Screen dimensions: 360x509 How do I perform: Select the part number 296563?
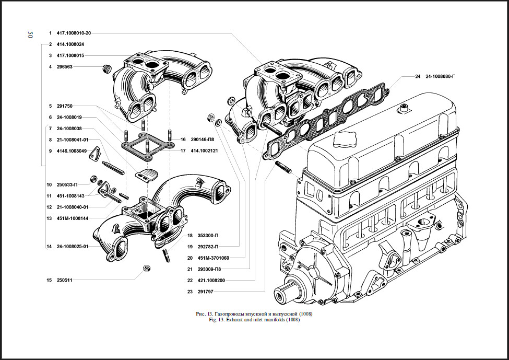(65, 67)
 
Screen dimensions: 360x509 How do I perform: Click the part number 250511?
(65, 281)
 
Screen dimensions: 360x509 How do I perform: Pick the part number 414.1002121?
(205, 150)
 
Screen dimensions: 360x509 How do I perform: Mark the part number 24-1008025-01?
(73, 246)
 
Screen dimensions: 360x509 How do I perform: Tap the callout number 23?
(190, 292)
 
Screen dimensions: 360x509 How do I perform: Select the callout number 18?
(190, 235)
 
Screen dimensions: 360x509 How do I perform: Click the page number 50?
(30, 35)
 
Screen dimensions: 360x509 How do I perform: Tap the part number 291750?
(65, 106)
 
